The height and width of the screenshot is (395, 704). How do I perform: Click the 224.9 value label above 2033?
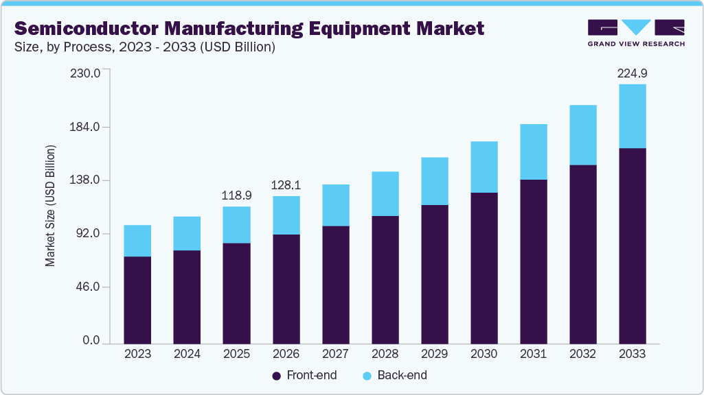click(x=632, y=73)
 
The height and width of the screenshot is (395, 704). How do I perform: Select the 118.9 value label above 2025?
click(x=236, y=195)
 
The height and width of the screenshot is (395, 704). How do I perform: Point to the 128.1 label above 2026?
click(x=286, y=185)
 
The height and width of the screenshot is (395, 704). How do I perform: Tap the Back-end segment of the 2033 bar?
click(x=632, y=116)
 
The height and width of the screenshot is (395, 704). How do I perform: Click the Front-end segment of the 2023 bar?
click(x=137, y=300)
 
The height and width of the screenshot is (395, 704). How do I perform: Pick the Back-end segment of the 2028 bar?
click(x=385, y=193)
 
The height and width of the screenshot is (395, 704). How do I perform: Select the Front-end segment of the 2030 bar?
click(x=484, y=267)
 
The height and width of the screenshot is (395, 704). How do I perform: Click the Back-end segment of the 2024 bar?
click(x=187, y=233)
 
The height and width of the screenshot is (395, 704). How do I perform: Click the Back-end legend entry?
click(x=394, y=375)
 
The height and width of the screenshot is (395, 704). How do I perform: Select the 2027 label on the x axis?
click(x=335, y=354)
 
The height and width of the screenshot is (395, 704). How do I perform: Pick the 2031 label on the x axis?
click(x=533, y=354)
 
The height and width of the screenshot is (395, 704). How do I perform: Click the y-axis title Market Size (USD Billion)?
click(x=50, y=206)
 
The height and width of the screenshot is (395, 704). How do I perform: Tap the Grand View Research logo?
click(x=636, y=32)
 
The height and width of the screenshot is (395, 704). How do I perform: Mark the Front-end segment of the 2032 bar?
click(x=582, y=254)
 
